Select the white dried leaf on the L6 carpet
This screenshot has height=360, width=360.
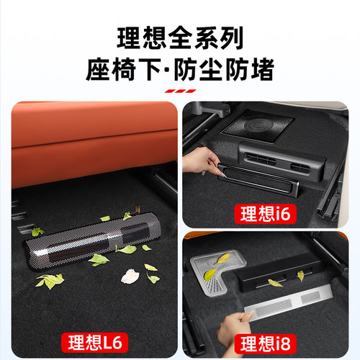[x=130, y=276]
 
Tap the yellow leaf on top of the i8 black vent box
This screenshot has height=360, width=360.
[x=274, y=282]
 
